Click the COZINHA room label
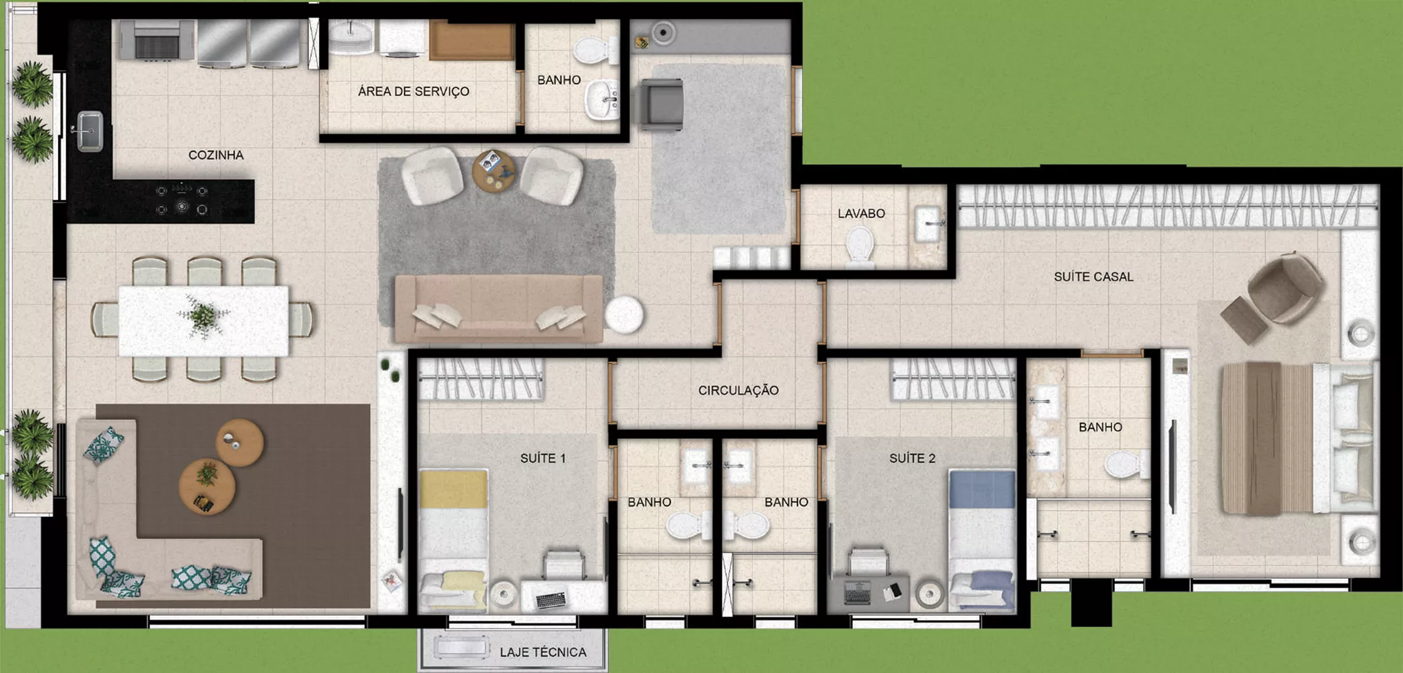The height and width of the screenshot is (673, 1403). click(215, 155)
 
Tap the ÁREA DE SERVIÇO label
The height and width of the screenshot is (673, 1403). click(413, 92)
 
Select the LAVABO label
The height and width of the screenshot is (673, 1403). click(861, 214)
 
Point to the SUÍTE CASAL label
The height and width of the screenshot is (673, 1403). click(1093, 277)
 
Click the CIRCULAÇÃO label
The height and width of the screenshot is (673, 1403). click(738, 390)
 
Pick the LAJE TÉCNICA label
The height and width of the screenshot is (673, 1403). click(543, 652)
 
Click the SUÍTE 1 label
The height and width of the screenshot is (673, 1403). click(543, 458)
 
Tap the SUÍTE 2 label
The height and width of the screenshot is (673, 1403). click(912, 458)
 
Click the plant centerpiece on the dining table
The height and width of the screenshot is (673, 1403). click(202, 316)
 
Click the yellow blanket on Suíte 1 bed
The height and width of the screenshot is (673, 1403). click(454, 489)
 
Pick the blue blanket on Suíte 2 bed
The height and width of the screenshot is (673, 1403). click(982, 489)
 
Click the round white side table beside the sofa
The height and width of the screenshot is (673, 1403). click(624, 314)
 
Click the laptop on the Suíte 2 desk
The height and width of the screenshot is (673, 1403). click(857, 592)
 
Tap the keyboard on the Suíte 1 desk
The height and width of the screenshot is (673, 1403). click(551, 599)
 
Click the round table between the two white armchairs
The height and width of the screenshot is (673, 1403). click(493, 171)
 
